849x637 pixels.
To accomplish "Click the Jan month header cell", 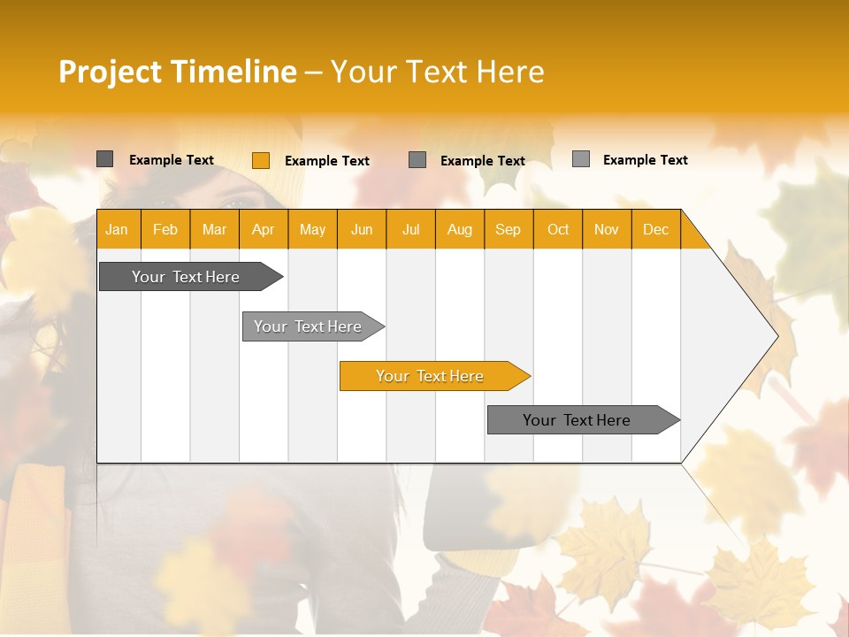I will coord(117,229).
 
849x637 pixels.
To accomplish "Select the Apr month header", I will coord(264,229).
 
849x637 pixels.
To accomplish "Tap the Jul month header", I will coord(410,229).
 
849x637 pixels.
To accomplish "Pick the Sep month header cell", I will coord(508,229).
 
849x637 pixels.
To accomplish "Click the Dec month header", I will coord(655,229).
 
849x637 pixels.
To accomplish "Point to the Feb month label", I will coord(165,229).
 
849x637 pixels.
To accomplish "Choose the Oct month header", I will coord(558,229).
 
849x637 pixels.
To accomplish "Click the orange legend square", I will coord(261,160).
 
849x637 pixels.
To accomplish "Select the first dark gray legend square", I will coord(105,159).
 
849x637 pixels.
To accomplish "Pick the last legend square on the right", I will coord(581,159).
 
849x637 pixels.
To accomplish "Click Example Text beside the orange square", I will coord(327,161).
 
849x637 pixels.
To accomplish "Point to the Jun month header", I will coord(362,229).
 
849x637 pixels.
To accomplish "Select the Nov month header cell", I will coord(607,229).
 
